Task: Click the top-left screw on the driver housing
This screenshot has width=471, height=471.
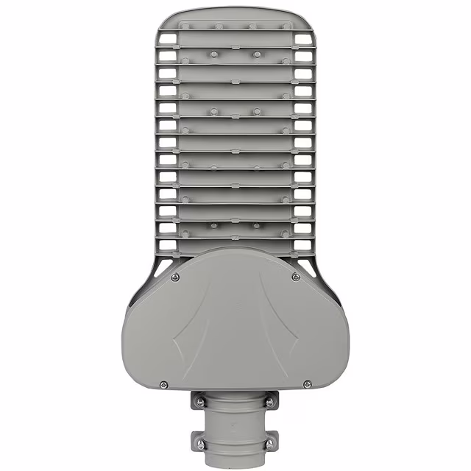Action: click(174, 277)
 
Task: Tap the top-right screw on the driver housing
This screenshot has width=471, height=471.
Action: click(295, 277)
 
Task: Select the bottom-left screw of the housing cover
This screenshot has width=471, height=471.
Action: click(163, 384)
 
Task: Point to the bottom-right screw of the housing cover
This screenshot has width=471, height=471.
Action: click(307, 383)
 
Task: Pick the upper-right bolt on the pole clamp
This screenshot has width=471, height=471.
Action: click(271, 403)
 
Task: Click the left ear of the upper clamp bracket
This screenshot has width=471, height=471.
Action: click(198, 402)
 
